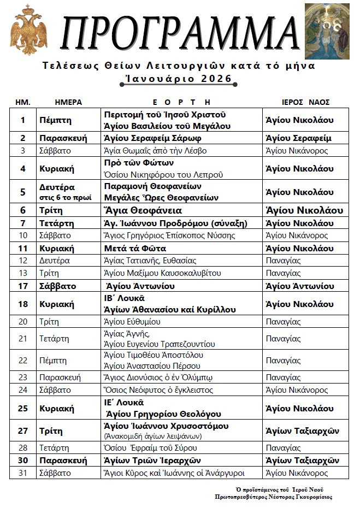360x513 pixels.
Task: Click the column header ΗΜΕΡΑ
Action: (68, 102)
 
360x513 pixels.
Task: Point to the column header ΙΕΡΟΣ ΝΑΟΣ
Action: (305, 102)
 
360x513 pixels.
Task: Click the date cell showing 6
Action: (22, 210)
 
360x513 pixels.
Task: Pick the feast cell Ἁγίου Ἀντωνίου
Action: (140, 286)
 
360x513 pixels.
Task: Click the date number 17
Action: (22, 286)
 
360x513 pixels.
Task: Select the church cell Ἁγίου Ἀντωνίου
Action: (299, 286)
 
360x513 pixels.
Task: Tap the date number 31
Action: (22, 473)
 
